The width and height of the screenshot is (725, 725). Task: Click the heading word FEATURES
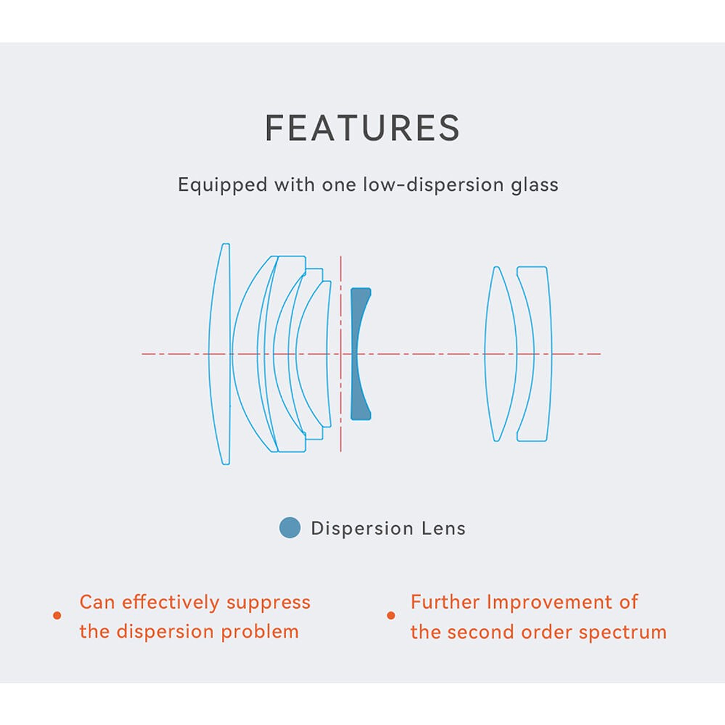tap(362, 128)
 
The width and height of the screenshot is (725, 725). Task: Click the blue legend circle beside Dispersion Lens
tap(290, 528)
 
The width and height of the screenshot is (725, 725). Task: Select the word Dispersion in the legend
tap(362, 528)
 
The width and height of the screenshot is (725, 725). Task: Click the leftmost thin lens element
tap(219, 353)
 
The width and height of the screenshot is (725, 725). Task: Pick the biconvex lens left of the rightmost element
tap(500, 353)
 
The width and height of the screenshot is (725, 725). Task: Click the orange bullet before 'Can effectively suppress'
tap(57, 616)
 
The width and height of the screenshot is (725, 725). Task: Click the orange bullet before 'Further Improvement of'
tap(391, 616)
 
